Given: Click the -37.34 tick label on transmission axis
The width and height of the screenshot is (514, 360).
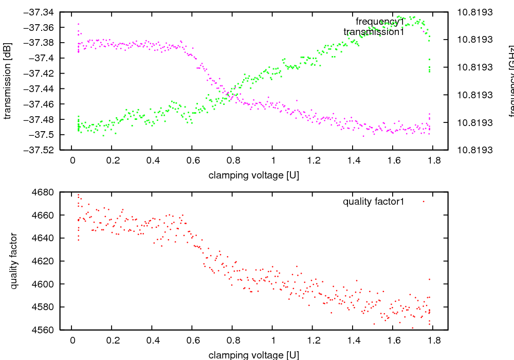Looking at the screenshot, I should [x=41, y=12].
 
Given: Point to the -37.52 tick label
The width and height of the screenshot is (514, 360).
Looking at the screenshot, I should [x=41, y=150].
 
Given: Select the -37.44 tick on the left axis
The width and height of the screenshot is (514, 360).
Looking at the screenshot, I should [x=41, y=89].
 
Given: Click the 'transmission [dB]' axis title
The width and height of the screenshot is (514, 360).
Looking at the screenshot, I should [x=7, y=81].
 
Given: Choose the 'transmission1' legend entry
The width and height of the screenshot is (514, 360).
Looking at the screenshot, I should [x=374, y=32].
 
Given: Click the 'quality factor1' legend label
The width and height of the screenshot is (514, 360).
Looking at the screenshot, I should [x=374, y=202].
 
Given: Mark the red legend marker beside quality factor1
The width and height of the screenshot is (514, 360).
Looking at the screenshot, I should [x=424, y=202].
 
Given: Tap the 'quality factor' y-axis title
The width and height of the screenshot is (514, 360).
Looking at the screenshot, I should [x=14, y=261].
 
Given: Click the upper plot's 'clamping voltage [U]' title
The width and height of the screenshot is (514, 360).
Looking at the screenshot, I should [x=254, y=175].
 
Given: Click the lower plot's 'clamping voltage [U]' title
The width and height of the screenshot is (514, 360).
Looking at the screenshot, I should [x=254, y=355].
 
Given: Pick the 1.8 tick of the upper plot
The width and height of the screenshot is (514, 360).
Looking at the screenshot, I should [x=434, y=160].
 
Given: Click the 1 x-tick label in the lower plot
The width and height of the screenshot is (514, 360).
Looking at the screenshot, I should [x=273, y=340].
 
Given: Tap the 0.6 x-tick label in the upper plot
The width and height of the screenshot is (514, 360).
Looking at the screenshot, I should [x=193, y=160].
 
